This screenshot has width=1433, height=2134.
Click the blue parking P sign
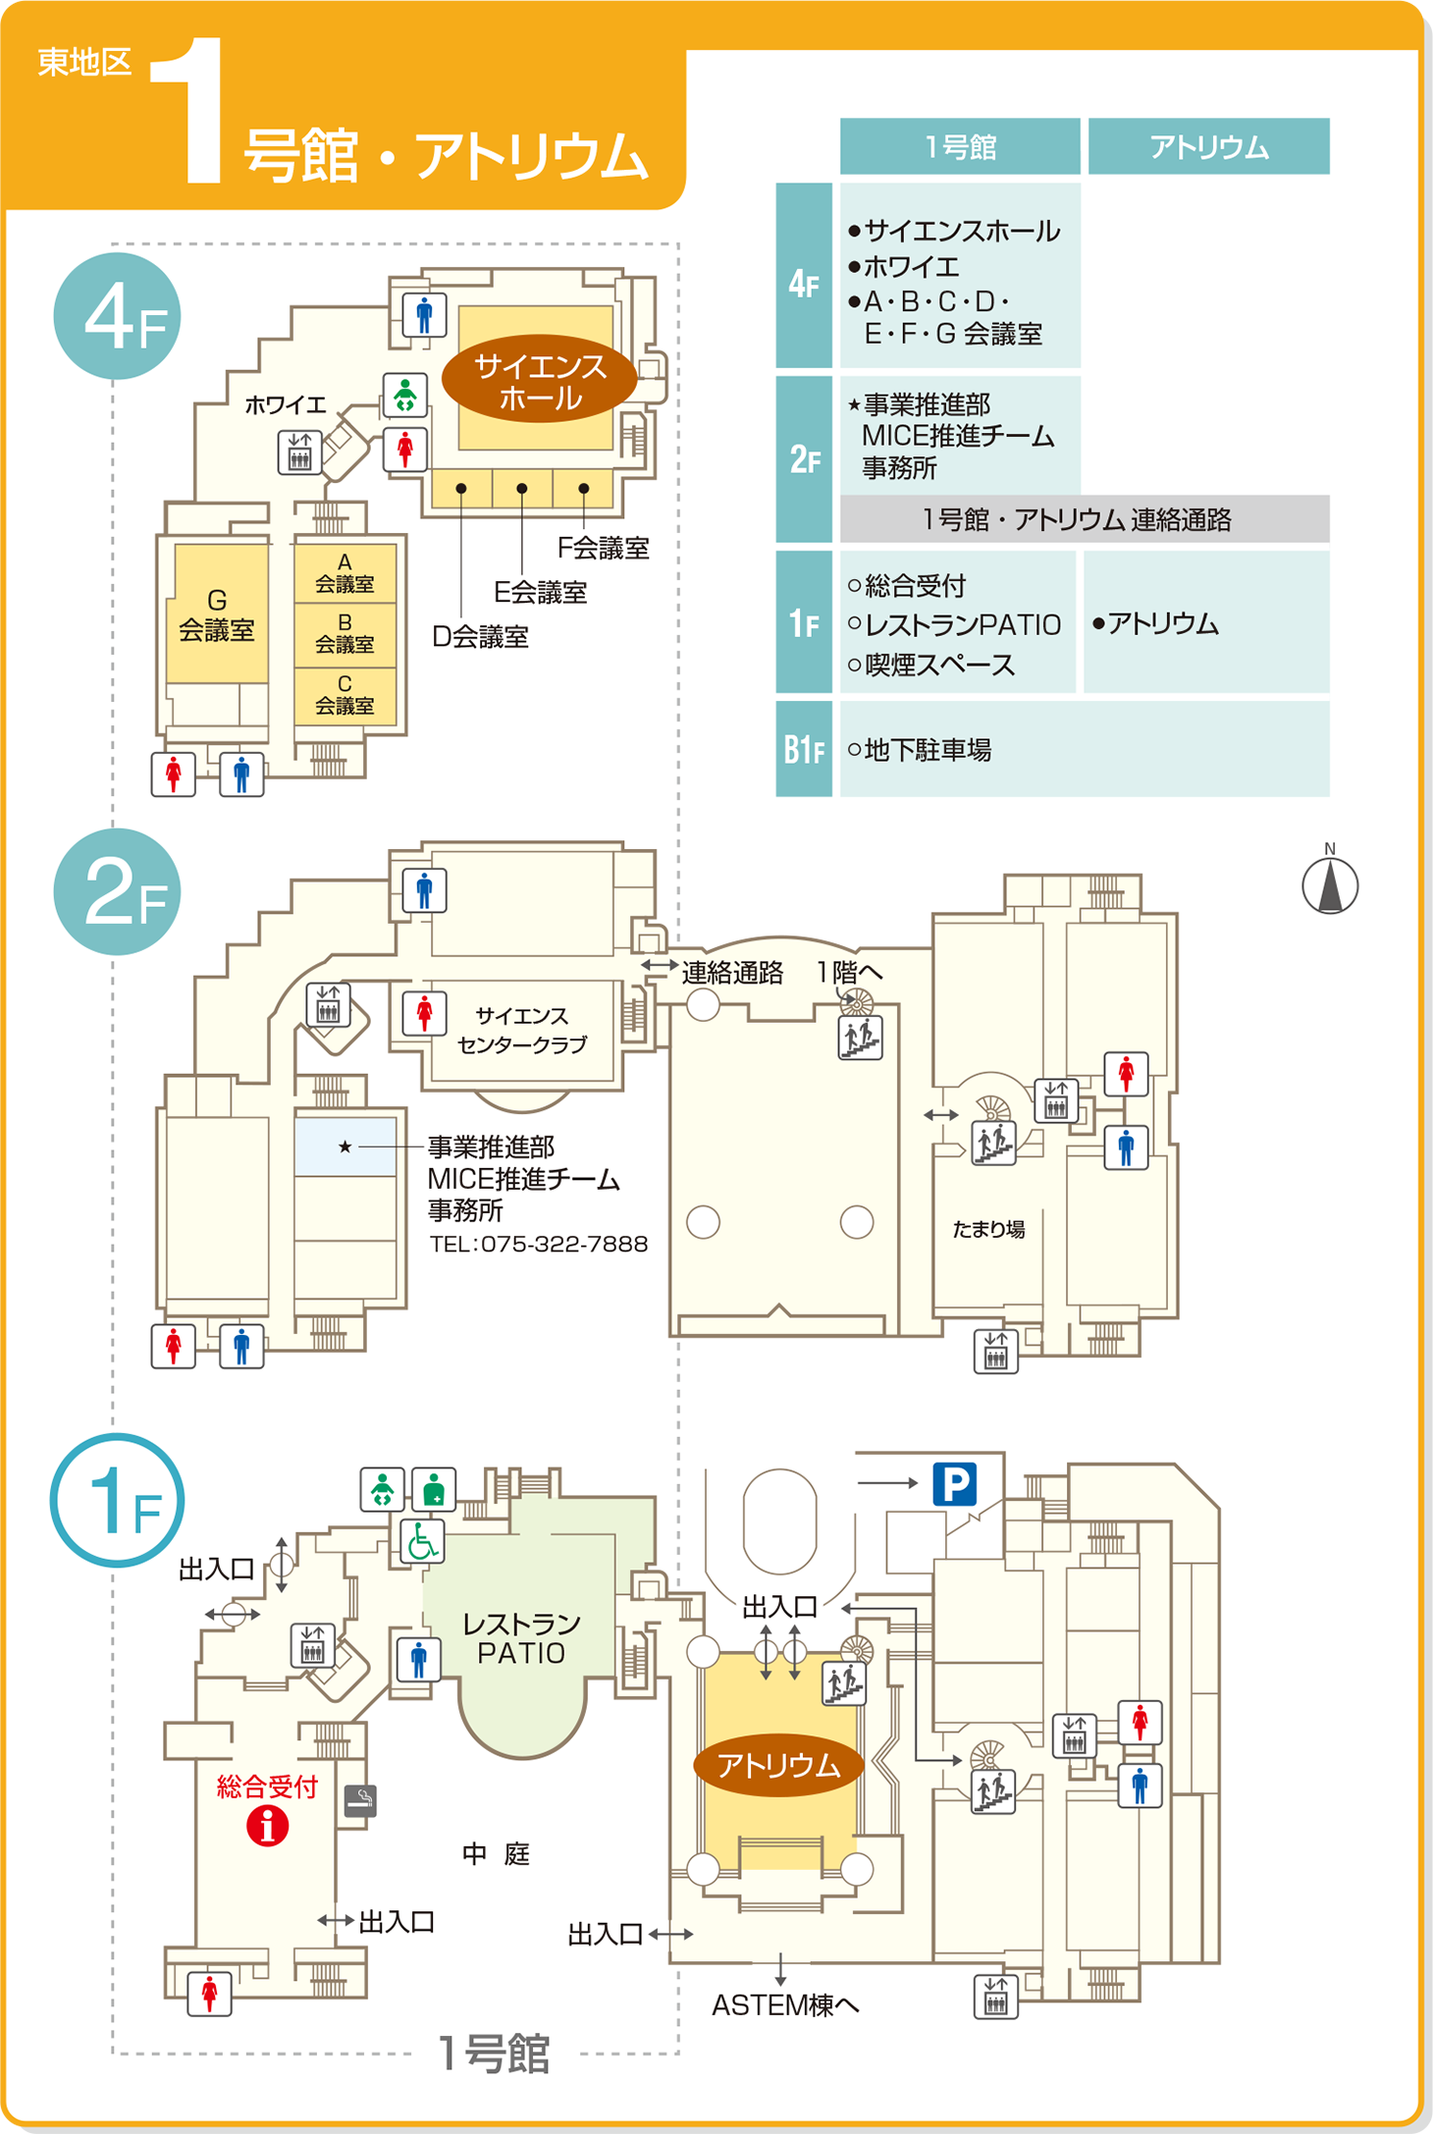954,1483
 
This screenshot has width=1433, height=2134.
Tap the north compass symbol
1330,884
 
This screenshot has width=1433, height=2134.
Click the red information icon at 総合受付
267,1826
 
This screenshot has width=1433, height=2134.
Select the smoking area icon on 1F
360,1799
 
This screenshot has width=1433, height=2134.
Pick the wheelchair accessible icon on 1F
423,1542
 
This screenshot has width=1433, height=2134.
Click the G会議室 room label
217,615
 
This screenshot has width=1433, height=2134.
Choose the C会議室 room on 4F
345,695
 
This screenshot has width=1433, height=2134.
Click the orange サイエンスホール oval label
540,382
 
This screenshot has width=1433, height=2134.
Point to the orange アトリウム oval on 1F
778,1766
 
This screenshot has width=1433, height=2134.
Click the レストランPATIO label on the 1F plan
521,1638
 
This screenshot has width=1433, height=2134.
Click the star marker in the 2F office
345,1147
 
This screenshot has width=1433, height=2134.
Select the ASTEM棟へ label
785,2005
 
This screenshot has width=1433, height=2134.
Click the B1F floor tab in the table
804,750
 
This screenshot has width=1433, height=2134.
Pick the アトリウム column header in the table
1208,147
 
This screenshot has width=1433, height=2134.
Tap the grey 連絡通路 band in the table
1084,519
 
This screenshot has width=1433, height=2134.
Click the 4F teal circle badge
118,316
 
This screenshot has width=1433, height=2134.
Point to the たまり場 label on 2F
988,1229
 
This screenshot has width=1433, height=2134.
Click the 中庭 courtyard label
496,1854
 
